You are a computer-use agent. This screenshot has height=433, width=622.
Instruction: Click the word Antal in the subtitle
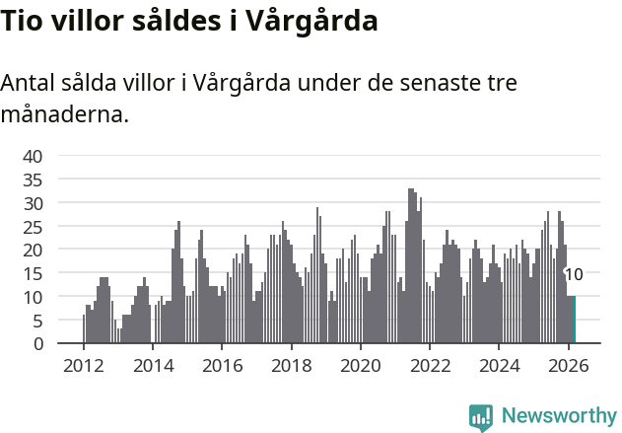[x=29, y=83]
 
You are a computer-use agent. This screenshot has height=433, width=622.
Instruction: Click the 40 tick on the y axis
[x=33, y=156]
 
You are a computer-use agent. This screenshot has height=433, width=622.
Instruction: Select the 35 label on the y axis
[x=33, y=180]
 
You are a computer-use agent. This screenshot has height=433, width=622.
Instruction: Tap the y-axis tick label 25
[x=33, y=226]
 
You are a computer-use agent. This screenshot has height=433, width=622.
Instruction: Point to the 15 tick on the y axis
[x=33, y=273]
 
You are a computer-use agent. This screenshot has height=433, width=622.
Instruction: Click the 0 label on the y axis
[x=37, y=344]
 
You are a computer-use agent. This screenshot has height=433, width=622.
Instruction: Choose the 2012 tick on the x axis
[x=83, y=364]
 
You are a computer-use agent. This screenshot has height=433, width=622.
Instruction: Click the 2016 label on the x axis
[x=222, y=364]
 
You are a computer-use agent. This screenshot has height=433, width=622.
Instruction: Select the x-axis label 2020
[x=361, y=364]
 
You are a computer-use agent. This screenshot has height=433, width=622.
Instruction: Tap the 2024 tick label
[x=500, y=364]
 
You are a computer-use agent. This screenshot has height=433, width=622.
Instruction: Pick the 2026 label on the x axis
[x=569, y=364]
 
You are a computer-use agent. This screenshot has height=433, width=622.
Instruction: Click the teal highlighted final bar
[x=574, y=321]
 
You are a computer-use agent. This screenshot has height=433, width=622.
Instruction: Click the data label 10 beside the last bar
[x=574, y=275]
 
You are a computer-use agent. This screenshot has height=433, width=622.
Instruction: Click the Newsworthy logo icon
[x=481, y=417]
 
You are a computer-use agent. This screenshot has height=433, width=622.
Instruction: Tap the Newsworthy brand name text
[x=559, y=416]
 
